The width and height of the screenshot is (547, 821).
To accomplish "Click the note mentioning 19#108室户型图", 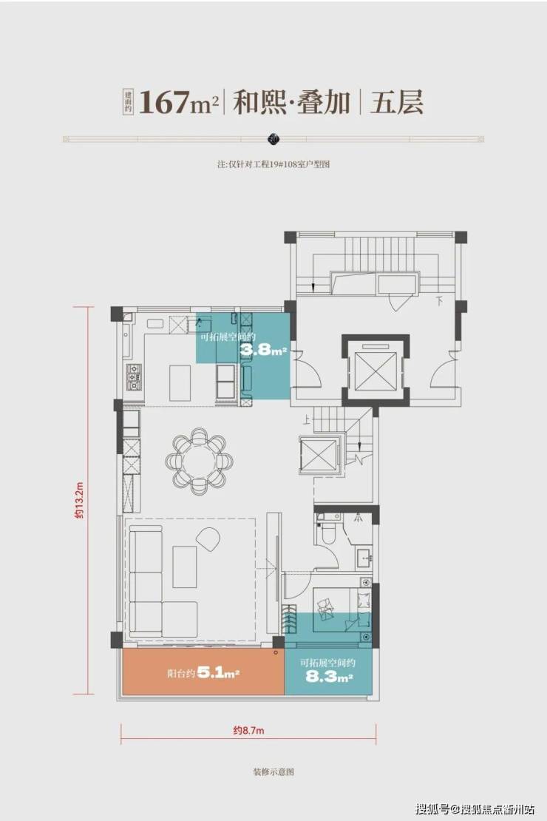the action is point(273,164).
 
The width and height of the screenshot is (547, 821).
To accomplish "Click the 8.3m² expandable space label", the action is point(329,678).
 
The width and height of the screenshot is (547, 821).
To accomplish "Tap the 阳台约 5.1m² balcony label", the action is point(203,673).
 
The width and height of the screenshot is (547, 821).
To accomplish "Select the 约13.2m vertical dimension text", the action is point(78,501).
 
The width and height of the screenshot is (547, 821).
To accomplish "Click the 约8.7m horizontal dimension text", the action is point(248,730).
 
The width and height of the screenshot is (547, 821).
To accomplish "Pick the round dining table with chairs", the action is point(199,462).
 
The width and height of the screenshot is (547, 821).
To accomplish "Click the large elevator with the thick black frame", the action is point(376,371).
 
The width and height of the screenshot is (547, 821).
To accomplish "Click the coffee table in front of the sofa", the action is point(185,567).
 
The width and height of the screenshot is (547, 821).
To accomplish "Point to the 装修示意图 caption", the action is point(273,771).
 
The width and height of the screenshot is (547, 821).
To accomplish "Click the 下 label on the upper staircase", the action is point(441,300).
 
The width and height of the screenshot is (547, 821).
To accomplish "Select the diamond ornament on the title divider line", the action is point(273,139).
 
